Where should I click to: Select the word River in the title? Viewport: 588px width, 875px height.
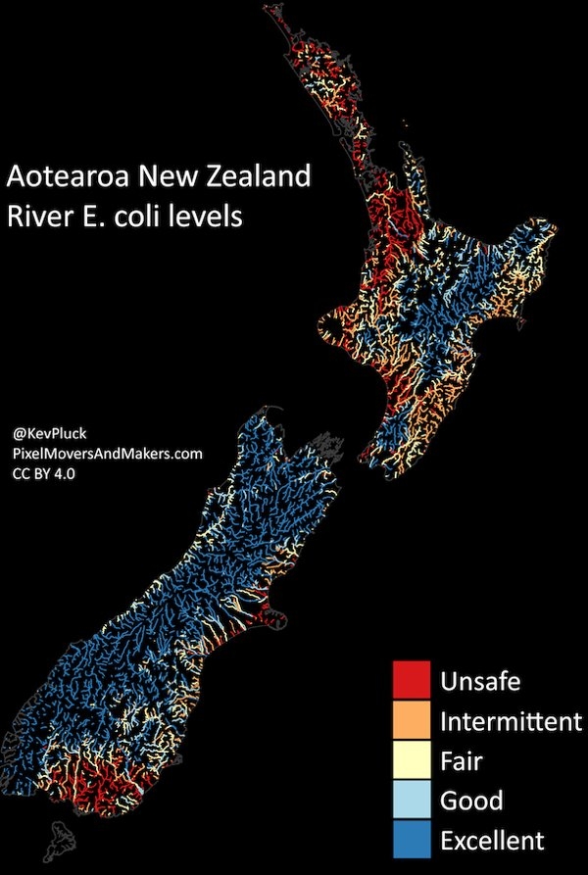35,216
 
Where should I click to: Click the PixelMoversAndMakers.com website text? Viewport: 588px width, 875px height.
108,453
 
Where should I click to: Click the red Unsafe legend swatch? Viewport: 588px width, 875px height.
412,679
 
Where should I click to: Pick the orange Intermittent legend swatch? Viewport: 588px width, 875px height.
412,720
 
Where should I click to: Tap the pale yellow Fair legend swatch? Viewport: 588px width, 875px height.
412,759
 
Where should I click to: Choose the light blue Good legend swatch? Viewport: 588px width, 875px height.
412,800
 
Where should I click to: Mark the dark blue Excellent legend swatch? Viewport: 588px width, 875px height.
412,840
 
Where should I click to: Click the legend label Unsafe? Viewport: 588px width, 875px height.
480,680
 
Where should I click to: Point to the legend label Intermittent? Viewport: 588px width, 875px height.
511,722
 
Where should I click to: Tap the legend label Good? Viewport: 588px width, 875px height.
471,801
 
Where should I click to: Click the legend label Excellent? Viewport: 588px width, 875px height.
491,841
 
